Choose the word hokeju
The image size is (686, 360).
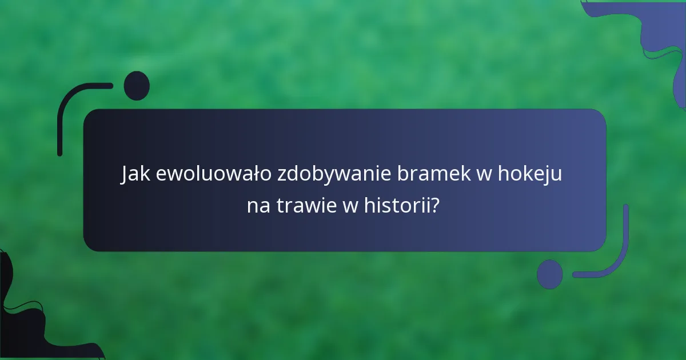tap(530, 174)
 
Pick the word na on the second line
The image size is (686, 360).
tap(259, 205)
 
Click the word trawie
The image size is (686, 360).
tap(307, 205)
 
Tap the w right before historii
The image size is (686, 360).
tap(350, 205)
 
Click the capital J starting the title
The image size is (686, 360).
tap(125, 174)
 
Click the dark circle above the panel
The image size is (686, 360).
tap(137, 86)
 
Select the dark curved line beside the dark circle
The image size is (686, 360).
tap(71, 103)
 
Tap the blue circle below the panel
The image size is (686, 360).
tap(550, 274)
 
